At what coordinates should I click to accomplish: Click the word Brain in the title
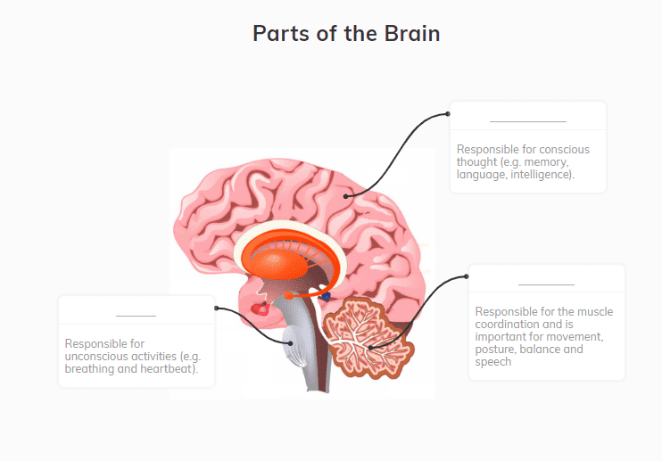pyautogui.click(x=412, y=33)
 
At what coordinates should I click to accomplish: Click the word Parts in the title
pyautogui.click(x=281, y=33)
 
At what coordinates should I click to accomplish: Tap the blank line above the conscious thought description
pyautogui.click(x=528, y=121)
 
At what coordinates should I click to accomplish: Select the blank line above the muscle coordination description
pyautogui.click(x=546, y=284)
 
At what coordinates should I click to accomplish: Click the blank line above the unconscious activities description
pyautogui.click(x=136, y=316)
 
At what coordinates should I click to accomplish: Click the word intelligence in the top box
pyautogui.click(x=542, y=175)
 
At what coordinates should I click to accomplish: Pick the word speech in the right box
pyautogui.click(x=493, y=362)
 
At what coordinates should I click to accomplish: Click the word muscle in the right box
pyautogui.click(x=595, y=312)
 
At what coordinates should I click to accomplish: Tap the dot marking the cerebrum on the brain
pyautogui.click(x=346, y=196)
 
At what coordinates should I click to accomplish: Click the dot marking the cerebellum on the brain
pyautogui.click(x=370, y=348)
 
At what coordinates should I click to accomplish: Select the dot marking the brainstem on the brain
pyautogui.click(x=291, y=343)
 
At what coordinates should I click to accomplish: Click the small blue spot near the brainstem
pyautogui.click(x=326, y=297)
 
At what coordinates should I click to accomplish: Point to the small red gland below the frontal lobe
pyautogui.click(x=261, y=309)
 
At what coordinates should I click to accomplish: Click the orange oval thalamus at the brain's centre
pyautogui.click(x=274, y=263)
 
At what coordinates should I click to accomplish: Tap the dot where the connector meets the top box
pyautogui.click(x=448, y=114)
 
